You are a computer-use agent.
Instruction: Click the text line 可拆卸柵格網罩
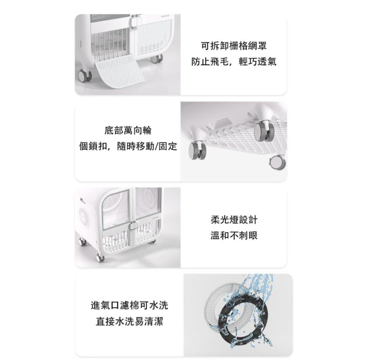[233, 45]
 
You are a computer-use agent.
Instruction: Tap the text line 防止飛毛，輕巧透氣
[233, 62]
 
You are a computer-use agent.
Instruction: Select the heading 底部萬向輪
[128, 130]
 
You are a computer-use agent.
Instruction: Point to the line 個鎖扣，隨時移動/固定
[128, 146]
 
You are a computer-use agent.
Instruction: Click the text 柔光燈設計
[234, 220]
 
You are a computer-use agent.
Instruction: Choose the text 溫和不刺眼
[234, 236]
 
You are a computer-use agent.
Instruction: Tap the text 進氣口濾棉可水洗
[130, 305]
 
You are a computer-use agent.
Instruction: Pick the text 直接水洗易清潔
[130, 322]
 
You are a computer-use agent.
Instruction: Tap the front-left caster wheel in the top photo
[85, 75]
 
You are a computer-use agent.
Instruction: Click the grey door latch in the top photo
[134, 21]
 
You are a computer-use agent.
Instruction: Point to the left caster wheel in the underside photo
[197, 150]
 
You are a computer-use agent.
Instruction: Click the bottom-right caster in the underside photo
[278, 162]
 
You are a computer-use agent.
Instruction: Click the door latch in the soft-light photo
[133, 225]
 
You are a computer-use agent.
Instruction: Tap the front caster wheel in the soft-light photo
[100, 257]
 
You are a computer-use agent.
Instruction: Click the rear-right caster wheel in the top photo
[156, 58]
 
